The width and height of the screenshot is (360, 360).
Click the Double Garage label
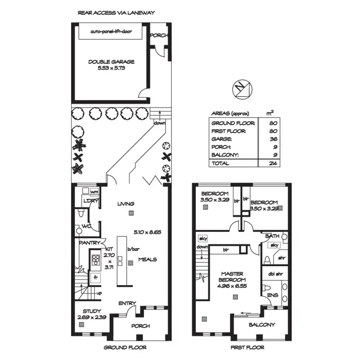coord(111,61)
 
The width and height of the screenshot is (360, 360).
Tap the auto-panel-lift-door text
coord(111,32)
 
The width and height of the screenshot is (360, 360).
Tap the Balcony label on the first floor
coord(262,324)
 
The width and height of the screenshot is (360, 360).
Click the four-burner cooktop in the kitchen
coord(96,259)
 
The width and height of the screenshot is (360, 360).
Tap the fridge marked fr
coord(96,277)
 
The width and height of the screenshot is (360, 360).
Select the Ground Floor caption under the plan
coord(125,347)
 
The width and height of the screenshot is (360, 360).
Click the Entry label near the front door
coord(127,303)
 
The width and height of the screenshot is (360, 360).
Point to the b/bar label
coord(131,249)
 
